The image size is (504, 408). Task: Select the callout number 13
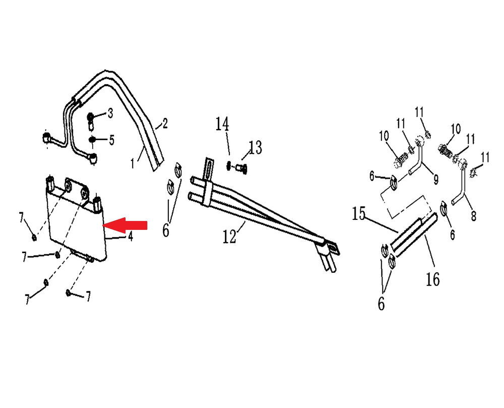[x=255, y=148]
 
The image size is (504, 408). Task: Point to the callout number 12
[x=229, y=237]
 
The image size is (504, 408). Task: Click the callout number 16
[x=432, y=279]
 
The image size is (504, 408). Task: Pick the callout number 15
[x=359, y=213]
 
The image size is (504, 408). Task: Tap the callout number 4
[x=130, y=237]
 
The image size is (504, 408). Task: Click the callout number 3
[x=110, y=113]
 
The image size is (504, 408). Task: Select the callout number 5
[x=111, y=140]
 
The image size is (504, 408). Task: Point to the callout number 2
[x=165, y=124]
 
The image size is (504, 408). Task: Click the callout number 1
[x=133, y=163]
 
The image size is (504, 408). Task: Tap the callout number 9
[x=436, y=179]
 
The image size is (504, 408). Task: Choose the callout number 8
[x=473, y=216]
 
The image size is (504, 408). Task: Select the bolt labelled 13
[x=241, y=168]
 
